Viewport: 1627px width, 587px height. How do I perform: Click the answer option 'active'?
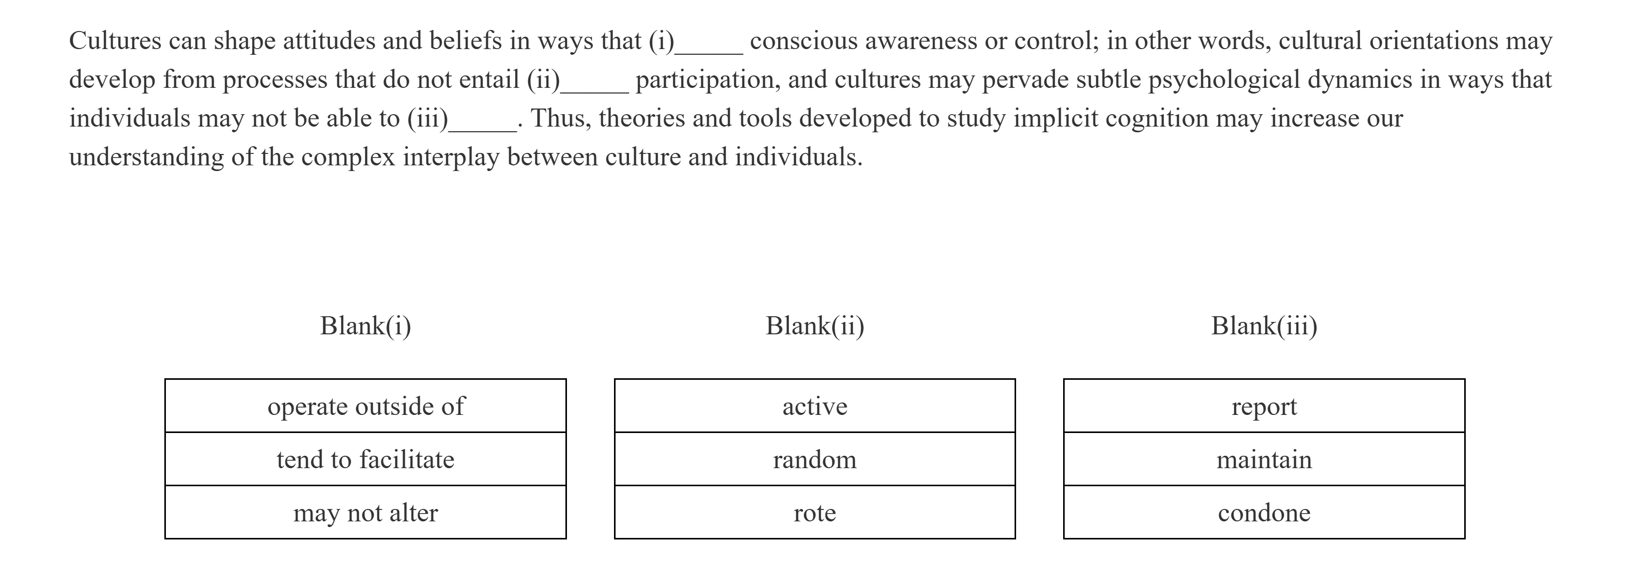click(814, 406)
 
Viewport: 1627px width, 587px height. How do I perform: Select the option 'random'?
click(814, 459)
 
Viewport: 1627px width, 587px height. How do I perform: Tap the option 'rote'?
click(814, 513)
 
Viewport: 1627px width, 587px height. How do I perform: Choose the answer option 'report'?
click(1263, 406)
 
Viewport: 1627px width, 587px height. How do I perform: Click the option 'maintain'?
click(1263, 459)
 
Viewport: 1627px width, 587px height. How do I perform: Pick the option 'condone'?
click(1263, 513)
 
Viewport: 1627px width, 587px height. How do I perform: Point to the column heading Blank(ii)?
click(814, 326)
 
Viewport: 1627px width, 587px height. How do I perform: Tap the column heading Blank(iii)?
click(1263, 326)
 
